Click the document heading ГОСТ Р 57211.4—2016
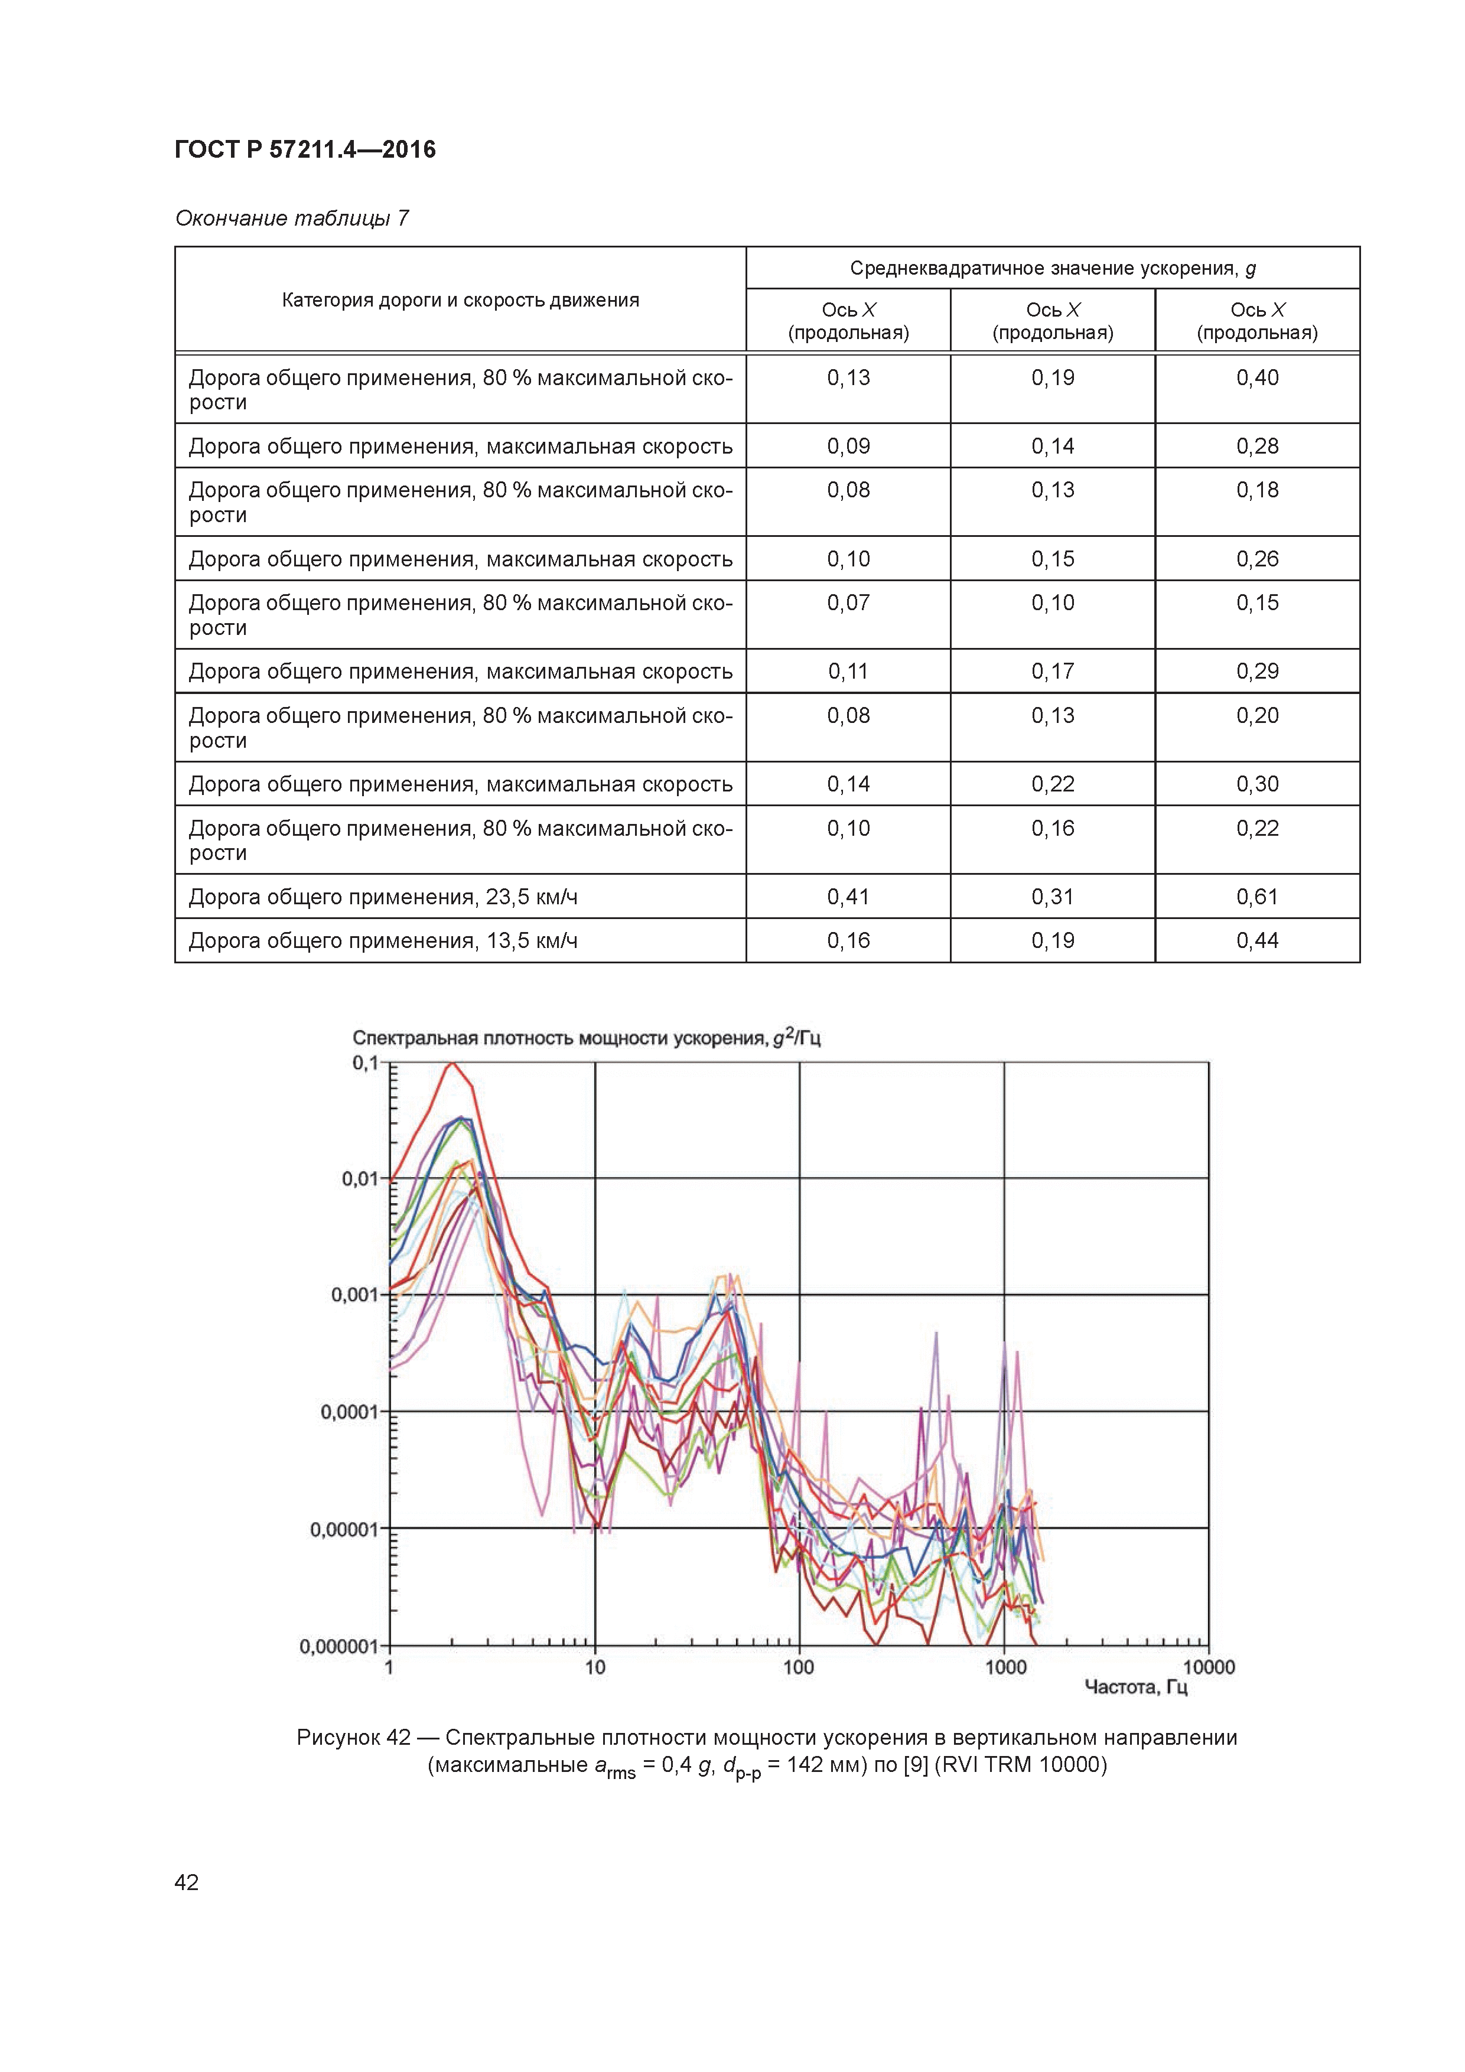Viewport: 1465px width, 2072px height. coord(304,150)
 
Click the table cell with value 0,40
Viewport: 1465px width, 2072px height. coord(1258,377)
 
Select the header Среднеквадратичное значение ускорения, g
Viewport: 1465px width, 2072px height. coord(1053,268)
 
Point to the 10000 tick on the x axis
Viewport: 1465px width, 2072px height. coord(1209,1668)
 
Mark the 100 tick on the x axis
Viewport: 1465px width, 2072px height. coord(799,1668)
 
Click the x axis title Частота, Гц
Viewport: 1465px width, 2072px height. coord(1135,1687)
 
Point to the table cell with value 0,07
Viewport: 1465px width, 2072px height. coord(848,603)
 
